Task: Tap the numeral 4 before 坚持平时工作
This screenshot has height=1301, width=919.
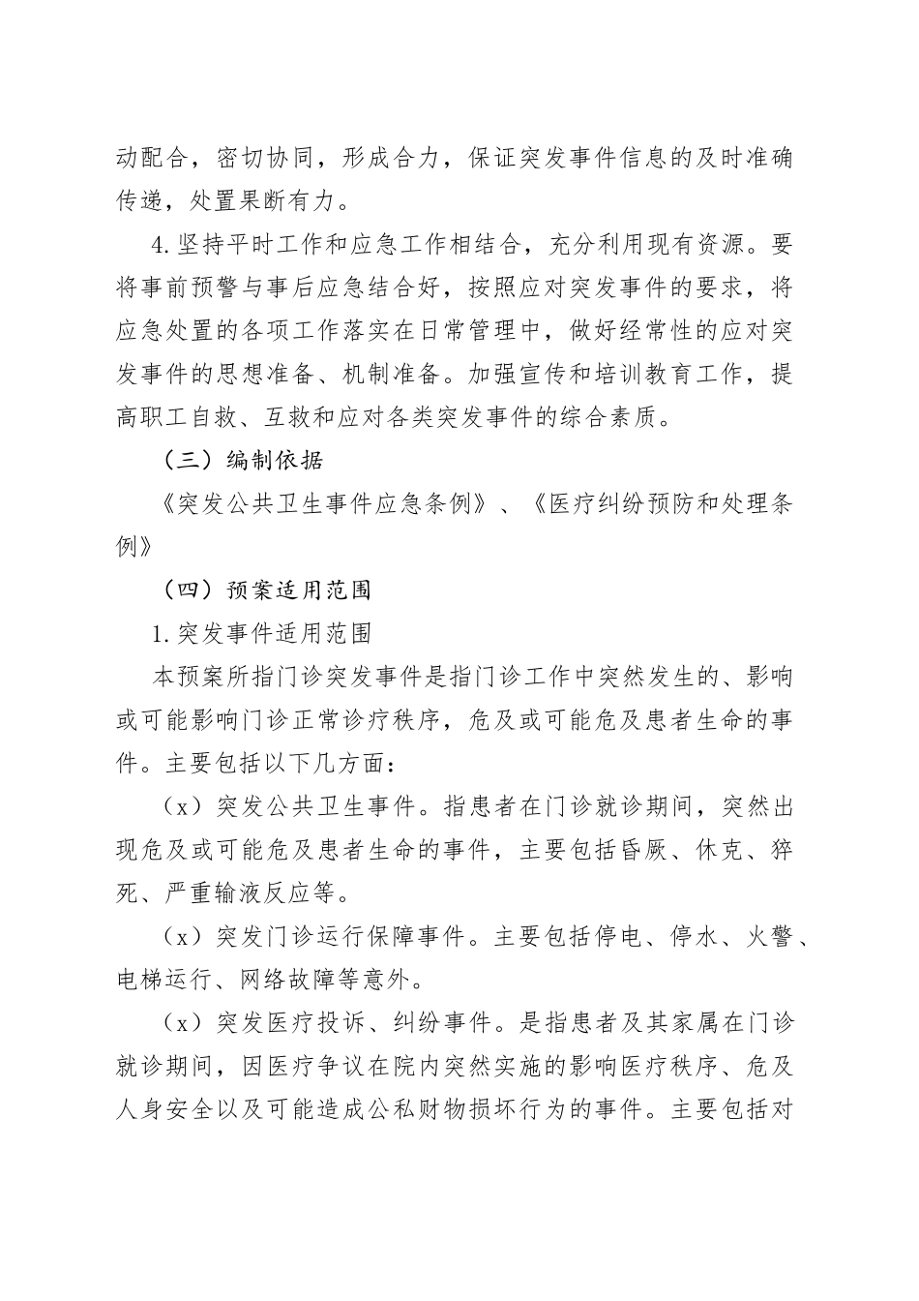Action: [x=160, y=245]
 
